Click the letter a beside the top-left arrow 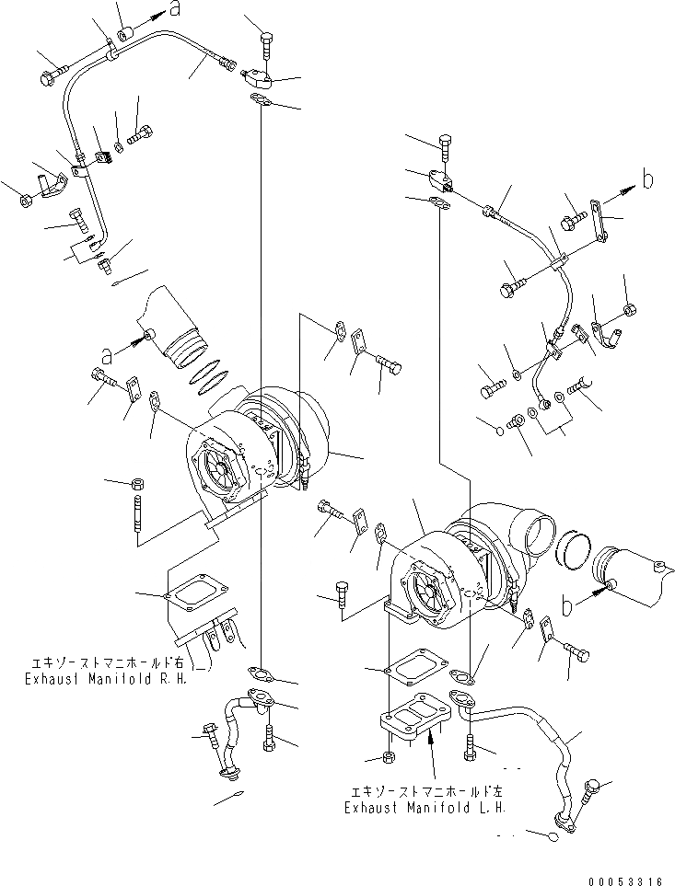(174, 10)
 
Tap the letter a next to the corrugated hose (108, 352)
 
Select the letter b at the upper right (648, 179)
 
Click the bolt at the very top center (266, 43)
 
